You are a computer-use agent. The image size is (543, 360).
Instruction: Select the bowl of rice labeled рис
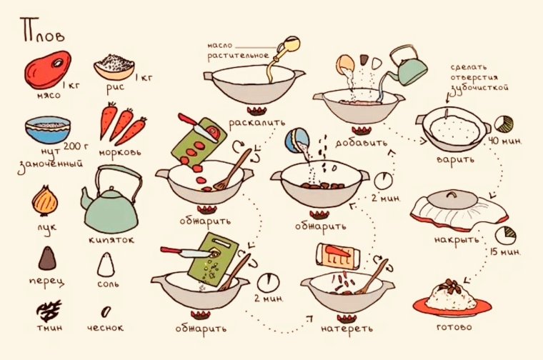pyautogui.click(x=114, y=66)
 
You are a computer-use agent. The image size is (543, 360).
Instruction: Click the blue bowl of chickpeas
pyautogui.click(x=48, y=130)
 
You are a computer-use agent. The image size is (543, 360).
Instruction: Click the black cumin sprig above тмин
pyautogui.click(x=48, y=310)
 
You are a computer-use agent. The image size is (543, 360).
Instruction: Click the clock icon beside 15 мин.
pyautogui.click(x=507, y=234)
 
